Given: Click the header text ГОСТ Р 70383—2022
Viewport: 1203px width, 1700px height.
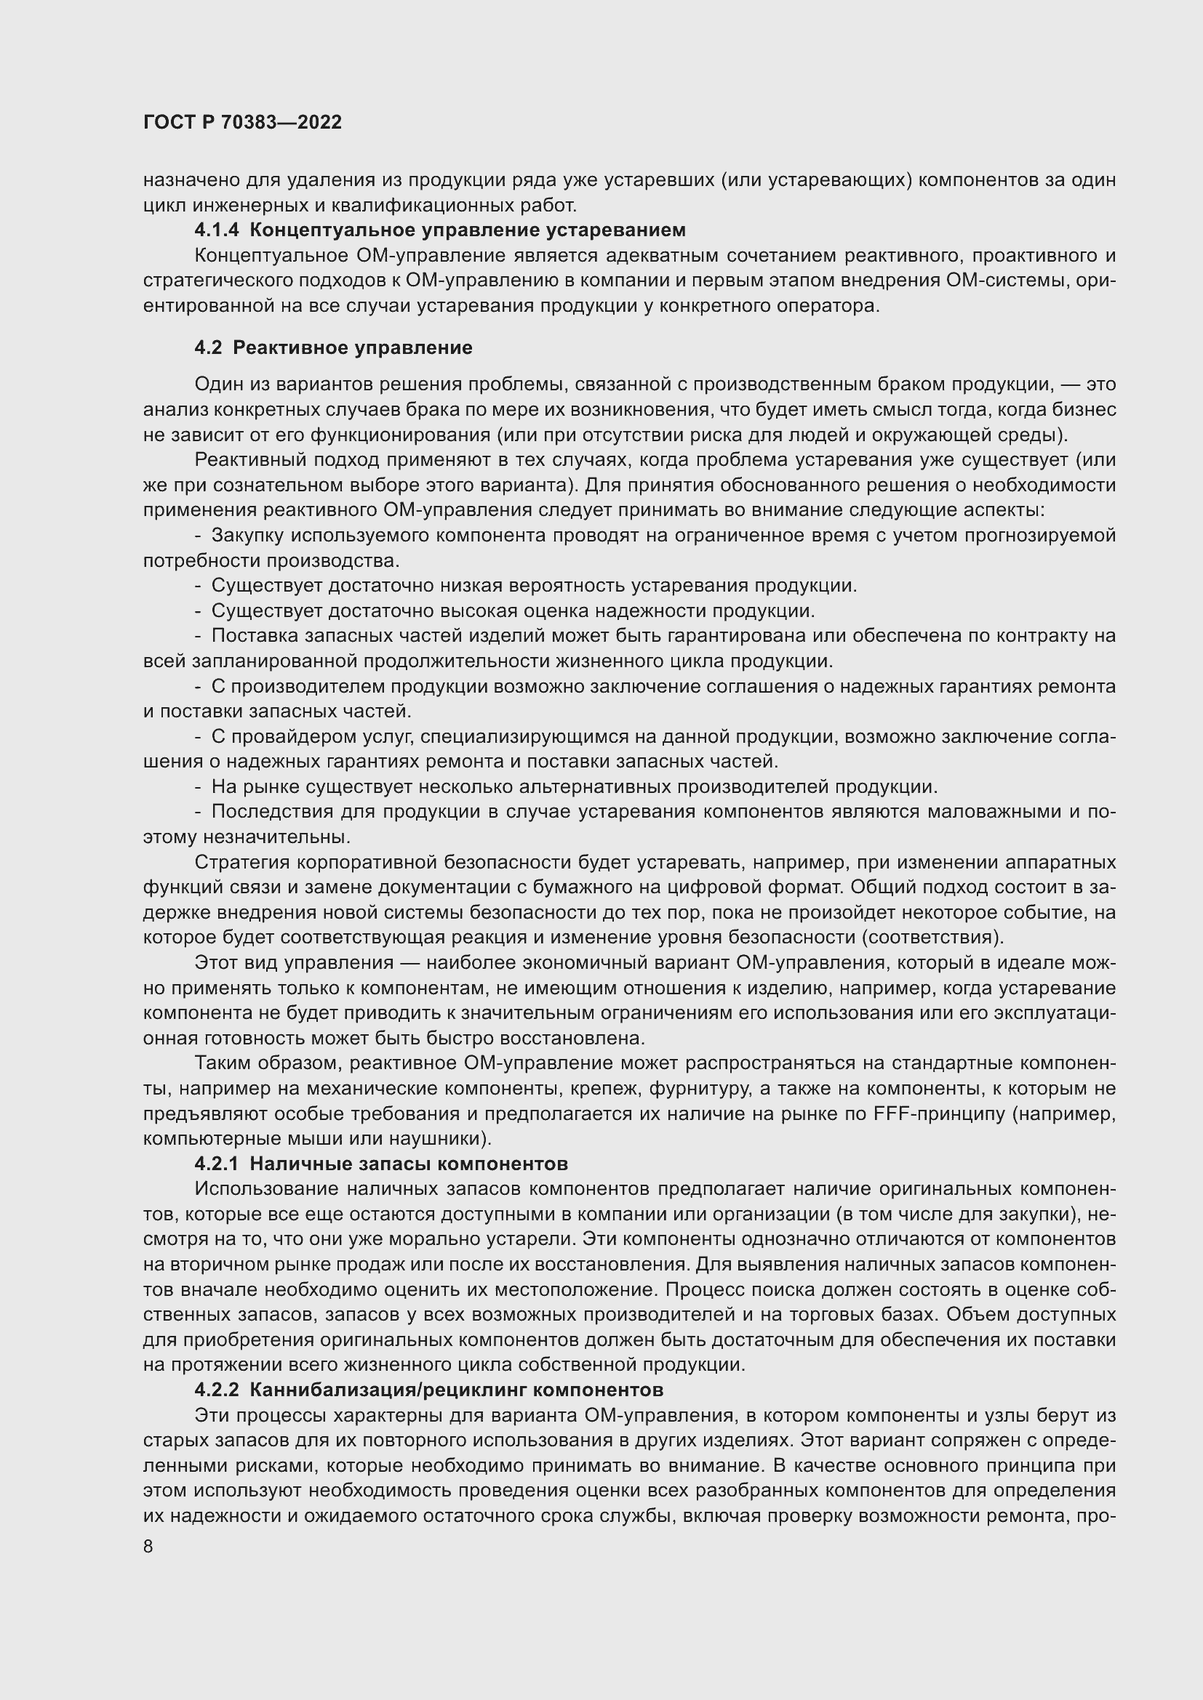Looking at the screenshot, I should click(242, 122).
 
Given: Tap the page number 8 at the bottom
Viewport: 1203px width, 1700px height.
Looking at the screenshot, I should click(148, 1546).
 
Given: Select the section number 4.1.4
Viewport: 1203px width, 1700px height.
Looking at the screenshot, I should click(216, 230).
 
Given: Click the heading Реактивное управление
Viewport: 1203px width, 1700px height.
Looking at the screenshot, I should click(353, 347).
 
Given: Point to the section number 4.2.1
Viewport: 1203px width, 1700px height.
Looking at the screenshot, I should click(216, 1163).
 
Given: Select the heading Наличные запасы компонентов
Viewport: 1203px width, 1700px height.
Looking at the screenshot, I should click(408, 1163).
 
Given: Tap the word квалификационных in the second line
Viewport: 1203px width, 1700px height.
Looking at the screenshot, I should click(378, 204).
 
